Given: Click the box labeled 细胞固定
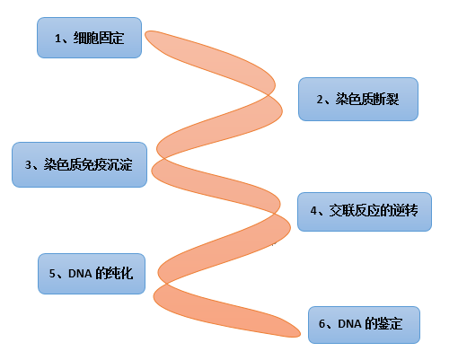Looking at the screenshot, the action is click(89, 38).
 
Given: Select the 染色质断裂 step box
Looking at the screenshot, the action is click(358, 100).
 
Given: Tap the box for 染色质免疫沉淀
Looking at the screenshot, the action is click(79, 164).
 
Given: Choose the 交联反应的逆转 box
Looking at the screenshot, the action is click(365, 212).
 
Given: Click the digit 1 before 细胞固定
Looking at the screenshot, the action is click(57, 39).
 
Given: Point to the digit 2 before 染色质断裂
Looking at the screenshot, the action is click(320, 100).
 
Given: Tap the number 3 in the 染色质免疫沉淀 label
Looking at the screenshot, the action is click(28, 165).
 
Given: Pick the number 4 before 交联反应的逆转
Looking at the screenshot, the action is click(313, 211).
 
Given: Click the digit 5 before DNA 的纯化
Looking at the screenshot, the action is click(52, 274).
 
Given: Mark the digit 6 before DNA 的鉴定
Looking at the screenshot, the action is click(321, 324).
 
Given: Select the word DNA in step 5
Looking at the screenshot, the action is click(80, 274).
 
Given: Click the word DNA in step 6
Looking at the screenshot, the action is click(349, 324).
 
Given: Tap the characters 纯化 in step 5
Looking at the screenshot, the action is click(121, 274).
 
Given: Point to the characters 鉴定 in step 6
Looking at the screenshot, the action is click(390, 324).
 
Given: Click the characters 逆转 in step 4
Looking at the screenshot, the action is click(406, 211).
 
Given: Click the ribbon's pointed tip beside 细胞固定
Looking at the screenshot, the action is click(145, 33).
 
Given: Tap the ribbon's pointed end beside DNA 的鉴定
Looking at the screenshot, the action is click(299, 334).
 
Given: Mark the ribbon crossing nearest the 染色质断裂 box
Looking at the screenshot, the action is click(269, 95).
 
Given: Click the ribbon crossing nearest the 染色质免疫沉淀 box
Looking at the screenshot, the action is click(163, 158).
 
